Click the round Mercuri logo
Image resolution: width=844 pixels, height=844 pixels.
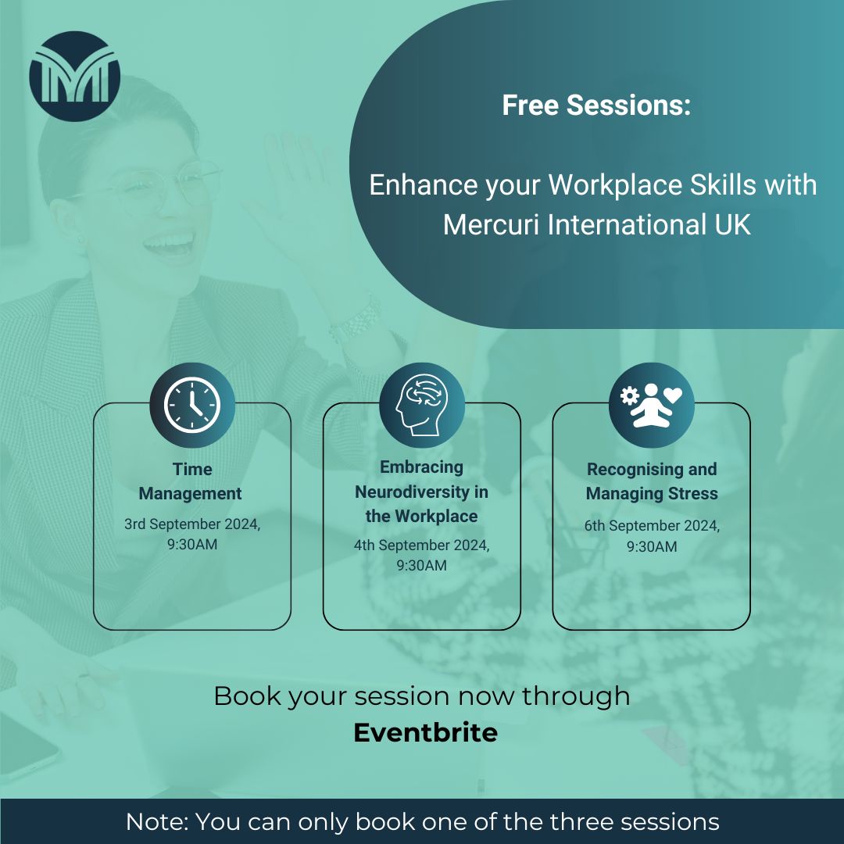(74, 77)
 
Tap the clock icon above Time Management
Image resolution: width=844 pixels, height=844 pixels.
(192, 406)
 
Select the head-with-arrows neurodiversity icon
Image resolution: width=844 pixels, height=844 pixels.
(421, 406)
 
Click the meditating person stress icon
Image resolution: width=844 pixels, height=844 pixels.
(651, 406)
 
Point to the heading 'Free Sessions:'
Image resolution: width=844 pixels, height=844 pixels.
(596, 105)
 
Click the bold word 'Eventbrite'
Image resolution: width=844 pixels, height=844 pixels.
(425, 733)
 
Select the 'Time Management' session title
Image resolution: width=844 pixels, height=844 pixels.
(191, 481)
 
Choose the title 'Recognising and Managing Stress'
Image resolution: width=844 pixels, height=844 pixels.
(651, 481)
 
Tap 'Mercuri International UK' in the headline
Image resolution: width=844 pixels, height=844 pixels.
(596, 225)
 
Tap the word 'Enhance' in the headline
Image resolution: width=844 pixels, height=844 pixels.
(410, 186)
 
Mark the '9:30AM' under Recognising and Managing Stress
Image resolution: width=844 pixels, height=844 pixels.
(651, 547)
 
